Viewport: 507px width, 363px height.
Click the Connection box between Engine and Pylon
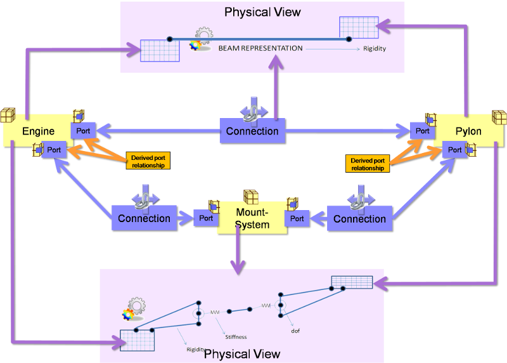(x=252, y=131)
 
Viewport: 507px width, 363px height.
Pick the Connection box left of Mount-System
(x=144, y=218)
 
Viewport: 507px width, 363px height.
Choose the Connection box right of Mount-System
(x=359, y=218)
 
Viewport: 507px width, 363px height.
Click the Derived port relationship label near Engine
(x=148, y=161)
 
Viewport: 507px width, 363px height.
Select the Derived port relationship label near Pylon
(x=368, y=164)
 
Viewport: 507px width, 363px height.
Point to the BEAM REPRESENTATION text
(x=260, y=48)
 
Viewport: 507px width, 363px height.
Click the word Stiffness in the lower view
(x=236, y=337)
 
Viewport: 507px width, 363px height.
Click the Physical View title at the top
(x=262, y=12)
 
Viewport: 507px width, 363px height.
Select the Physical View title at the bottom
(x=242, y=353)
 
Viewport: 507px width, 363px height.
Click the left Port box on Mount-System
(x=207, y=218)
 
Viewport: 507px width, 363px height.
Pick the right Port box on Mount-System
(x=297, y=218)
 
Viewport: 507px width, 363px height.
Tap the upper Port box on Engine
(x=83, y=130)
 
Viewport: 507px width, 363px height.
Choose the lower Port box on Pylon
(x=455, y=150)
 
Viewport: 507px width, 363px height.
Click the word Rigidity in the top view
(x=375, y=48)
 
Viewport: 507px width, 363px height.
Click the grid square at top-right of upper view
(x=355, y=27)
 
